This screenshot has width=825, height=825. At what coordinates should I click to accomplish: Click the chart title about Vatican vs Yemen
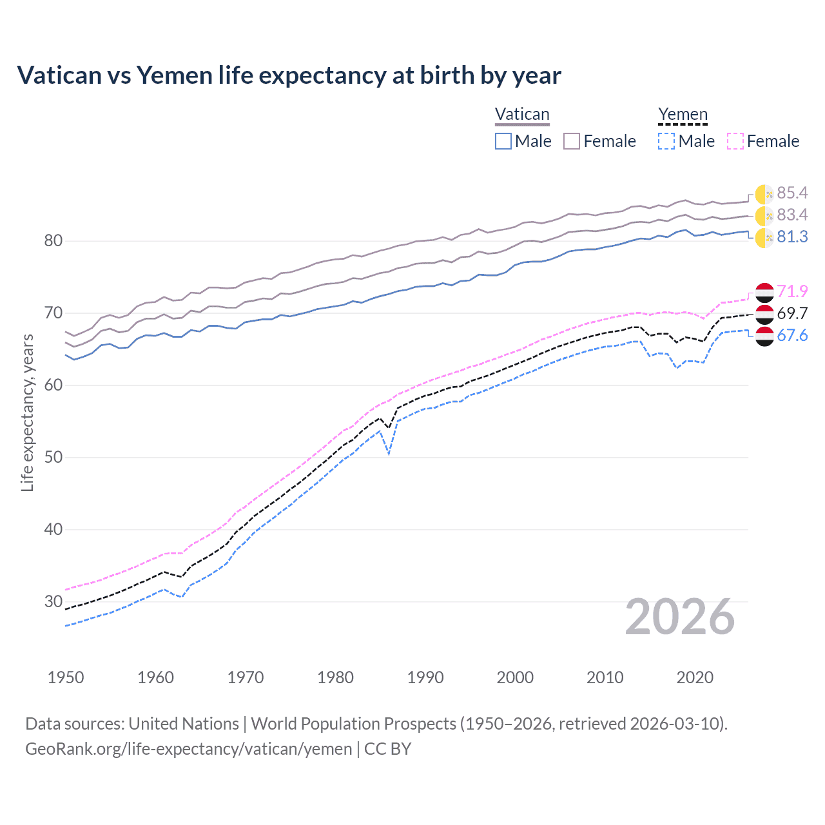pyautogui.click(x=289, y=75)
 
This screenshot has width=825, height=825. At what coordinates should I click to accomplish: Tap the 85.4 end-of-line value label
pyautogui.click(x=792, y=193)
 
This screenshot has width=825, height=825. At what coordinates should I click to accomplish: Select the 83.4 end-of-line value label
pyautogui.click(x=792, y=215)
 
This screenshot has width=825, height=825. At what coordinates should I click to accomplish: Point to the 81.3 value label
pyautogui.click(x=792, y=237)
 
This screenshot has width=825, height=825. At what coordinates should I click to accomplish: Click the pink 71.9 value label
pyautogui.click(x=792, y=291)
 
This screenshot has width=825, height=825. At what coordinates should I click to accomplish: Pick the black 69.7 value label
pyautogui.click(x=792, y=313)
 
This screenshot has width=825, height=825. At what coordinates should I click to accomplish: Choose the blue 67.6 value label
pyautogui.click(x=792, y=335)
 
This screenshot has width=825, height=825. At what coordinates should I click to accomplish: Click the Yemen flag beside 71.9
pyautogui.click(x=764, y=292)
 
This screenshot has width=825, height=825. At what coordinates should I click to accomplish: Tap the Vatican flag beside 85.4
pyautogui.click(x=764, y=193)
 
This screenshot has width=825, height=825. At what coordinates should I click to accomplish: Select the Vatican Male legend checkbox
pyautogui.click(x=503, y=141)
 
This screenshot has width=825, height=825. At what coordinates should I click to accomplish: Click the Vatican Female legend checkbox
pyautogui.click(x=572, y=141)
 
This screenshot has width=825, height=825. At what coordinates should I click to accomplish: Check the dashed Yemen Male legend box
pyautogui.click(x=666, y=141)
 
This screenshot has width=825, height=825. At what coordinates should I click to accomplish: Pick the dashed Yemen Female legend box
pyautogui.click(x=735, y=141)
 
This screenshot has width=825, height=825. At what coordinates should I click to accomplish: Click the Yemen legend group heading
pyautogui.click(x=683, y=115)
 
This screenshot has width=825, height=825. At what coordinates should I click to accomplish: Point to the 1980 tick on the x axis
pyautogui.click(x=335, y=677)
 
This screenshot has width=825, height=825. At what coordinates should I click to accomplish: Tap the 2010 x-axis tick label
pyautogui.click(x=605, y=677)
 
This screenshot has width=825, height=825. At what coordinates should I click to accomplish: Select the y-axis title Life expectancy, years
pyautogui.click(x=27, y=412)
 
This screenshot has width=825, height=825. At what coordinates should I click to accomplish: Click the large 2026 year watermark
pyautogui.click(x=680, y=617)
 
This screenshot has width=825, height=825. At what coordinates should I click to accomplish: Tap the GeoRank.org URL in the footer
pyautogui.click(x=188, y=749)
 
